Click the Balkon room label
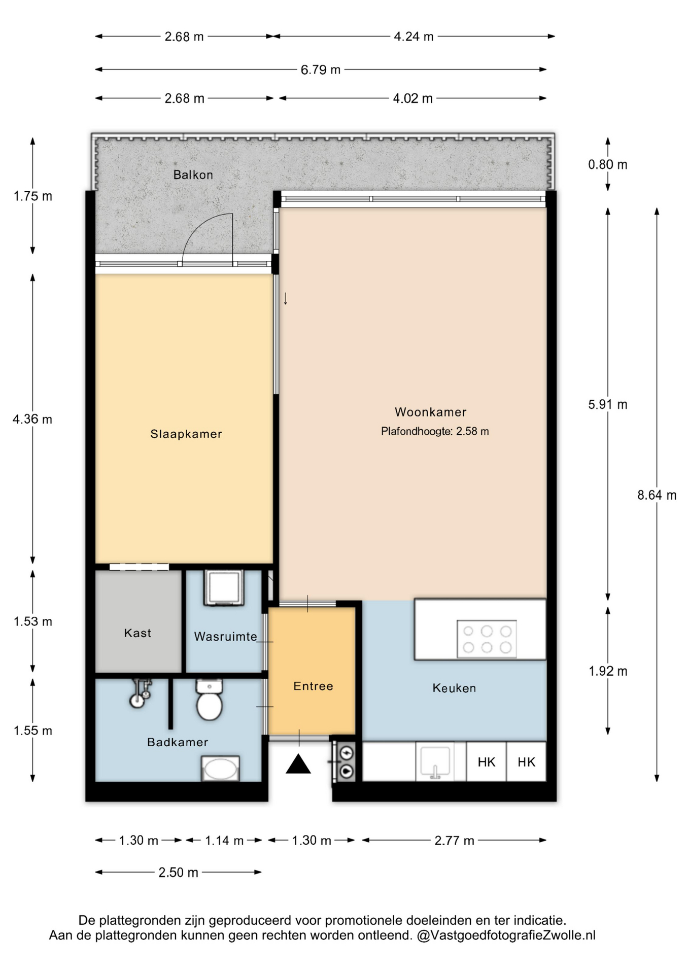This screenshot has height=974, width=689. pos(193,175)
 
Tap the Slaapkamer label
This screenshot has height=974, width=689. pos(186,434)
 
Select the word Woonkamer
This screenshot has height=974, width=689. pos(431,412)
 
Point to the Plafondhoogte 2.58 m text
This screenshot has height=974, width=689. pos(435,431)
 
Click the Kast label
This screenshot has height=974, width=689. pos(137,633)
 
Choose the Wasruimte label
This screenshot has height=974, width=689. pos(225,636)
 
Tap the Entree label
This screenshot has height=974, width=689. pos(313,686)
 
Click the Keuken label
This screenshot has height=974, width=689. pos(454,688)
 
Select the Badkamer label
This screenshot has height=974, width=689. pos(178,743)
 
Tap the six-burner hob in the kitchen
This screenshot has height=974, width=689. pos(487,639)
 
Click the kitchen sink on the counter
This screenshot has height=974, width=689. pos(435,762)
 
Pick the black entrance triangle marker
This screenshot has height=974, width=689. pos(298,764)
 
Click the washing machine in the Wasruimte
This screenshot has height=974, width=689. pos(224,588)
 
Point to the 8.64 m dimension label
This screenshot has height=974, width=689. pos(657,496)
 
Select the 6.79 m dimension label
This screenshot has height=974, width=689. pos(320,69)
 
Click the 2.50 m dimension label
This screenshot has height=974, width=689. pos(178,873)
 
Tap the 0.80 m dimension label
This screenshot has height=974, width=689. pos(608,165)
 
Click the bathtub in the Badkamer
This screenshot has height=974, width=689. pos(220,769)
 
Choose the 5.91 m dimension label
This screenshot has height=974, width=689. pos(608,405)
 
